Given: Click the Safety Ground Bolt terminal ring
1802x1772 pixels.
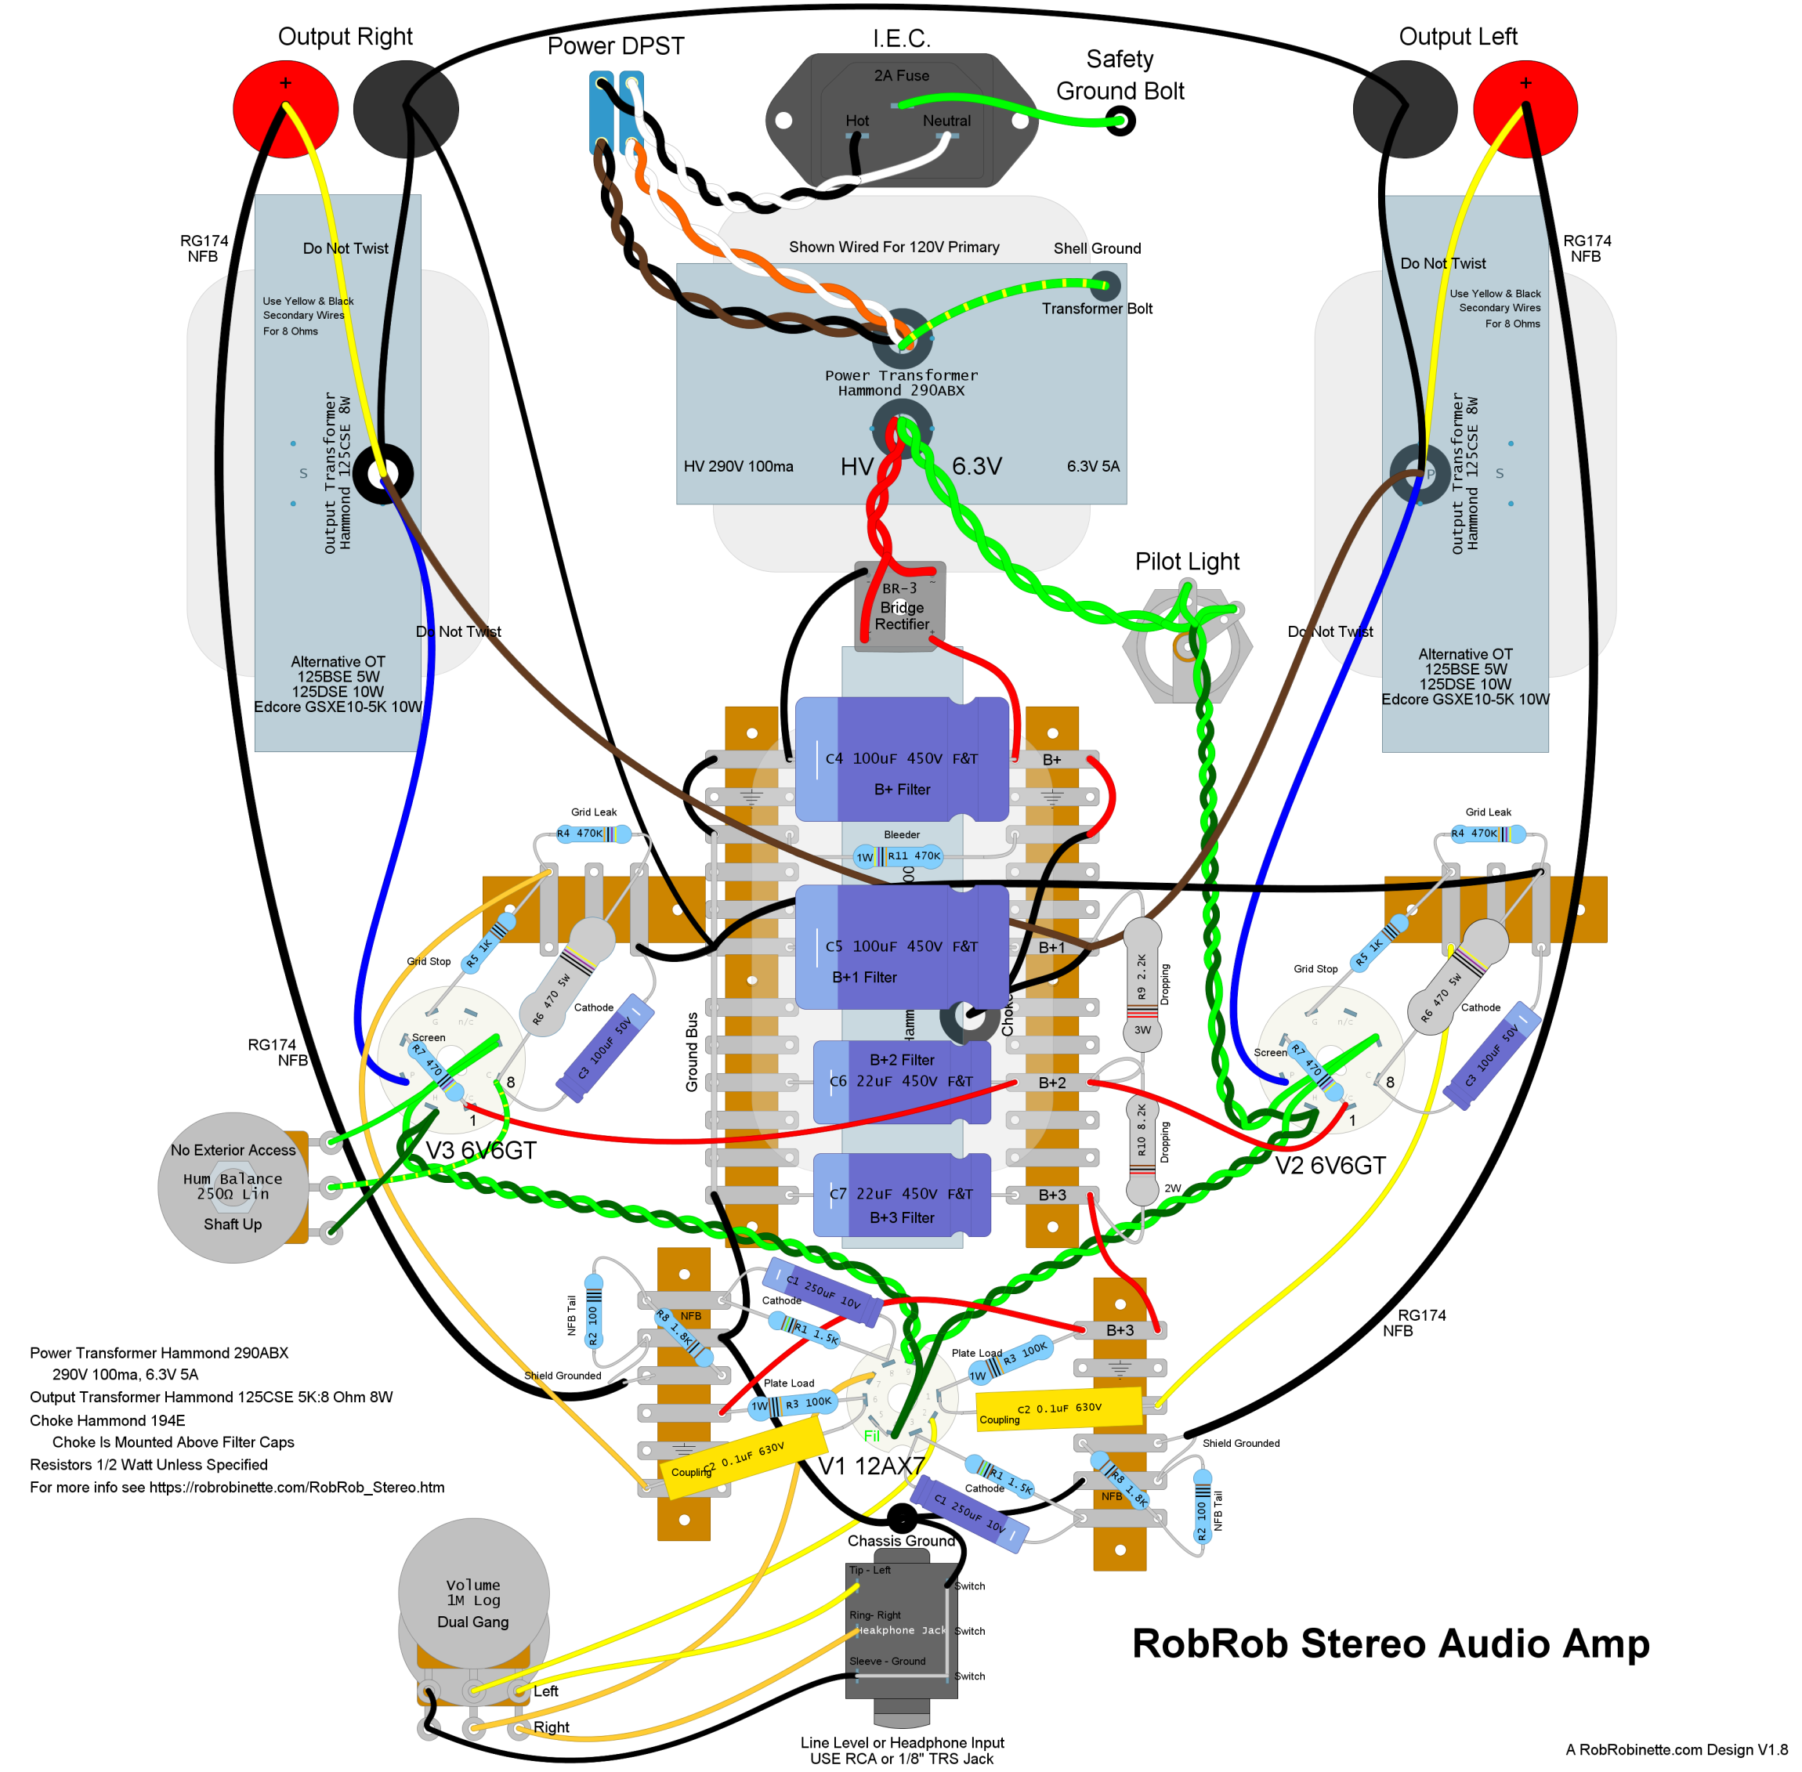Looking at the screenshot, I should [x=1120, y=120].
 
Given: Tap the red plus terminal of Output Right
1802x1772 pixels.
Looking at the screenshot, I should [x=285, y=108].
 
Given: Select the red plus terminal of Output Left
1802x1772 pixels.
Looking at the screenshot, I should [x=1525, y=108].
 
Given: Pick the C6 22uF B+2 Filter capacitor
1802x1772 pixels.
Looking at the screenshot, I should [x=901, y=1081].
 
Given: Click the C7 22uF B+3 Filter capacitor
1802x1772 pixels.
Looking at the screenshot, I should [x=901, y=1194].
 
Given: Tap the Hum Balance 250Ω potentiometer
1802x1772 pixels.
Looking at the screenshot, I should [x=233, y=1187].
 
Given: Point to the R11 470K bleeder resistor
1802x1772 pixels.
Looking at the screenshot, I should [x=898, y=856].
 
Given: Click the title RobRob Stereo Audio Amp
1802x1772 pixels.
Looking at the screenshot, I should [x=1390, y=1644].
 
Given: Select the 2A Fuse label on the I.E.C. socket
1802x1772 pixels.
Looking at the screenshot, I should [x=901, y=75].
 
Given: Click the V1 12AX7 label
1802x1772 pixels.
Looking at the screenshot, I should [x=871, y=1466].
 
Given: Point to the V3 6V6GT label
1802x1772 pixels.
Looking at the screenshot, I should [x=480, y=1150].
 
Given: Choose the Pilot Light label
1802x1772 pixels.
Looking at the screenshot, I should [x=1187, y=561].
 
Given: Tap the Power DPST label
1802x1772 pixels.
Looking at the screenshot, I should [x=615, y=45].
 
